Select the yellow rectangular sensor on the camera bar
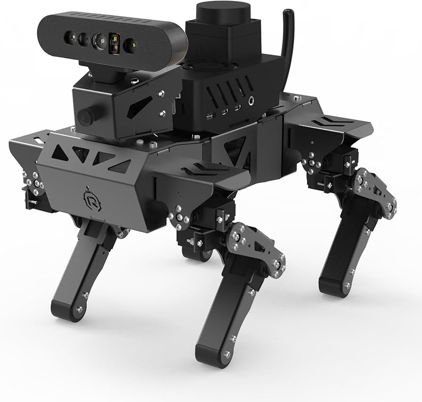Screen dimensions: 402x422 pos(115,42)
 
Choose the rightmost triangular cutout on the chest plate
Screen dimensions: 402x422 pos(119,166)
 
